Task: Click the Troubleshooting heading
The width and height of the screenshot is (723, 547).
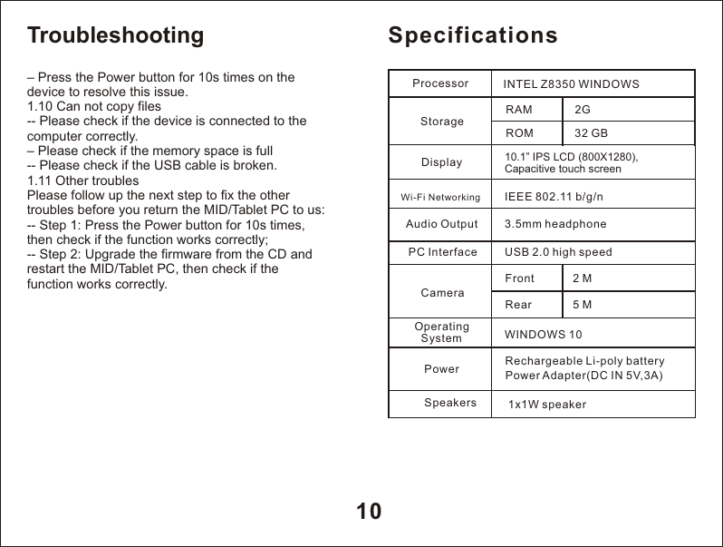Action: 116,35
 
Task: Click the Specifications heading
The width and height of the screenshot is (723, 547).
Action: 473,35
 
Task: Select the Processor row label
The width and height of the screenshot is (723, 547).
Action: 440,83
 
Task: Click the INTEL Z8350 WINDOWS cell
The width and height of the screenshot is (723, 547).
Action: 571,84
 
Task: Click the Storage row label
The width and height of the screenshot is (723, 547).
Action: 442,121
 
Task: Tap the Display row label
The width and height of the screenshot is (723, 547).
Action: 442,163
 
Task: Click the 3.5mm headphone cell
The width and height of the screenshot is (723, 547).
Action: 555,224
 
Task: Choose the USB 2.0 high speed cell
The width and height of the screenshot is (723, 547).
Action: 558,252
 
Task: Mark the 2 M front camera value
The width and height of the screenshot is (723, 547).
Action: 583,278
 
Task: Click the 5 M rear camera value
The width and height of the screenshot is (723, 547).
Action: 583,305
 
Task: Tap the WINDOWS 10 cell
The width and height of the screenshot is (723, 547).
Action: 544,335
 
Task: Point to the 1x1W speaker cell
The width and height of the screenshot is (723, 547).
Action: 547,404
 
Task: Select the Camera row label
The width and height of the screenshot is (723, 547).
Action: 443,293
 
